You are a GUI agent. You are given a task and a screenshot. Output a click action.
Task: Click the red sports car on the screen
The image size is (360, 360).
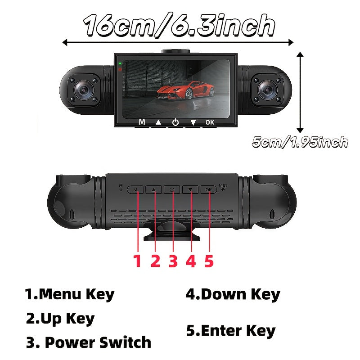pyautogui.click(x=185, y=90)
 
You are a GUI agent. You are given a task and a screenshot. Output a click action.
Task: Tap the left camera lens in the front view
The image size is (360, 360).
pyautogui.click(x=84, y=90)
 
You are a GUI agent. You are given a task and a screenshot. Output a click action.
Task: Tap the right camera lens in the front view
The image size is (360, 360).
pyautogui.click(x=267, y=90)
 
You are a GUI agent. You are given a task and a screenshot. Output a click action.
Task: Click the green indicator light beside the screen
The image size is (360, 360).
pyautogui.click(x=120, y=63)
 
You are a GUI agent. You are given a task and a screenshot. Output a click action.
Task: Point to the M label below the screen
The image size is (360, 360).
pyautogui.click(x=142, y=122)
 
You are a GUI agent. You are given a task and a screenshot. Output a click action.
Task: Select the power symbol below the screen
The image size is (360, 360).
pyautogui.click(x=175, y=122)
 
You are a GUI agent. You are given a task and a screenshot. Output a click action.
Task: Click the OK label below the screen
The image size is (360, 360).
pyautogui.click(x=210, y=122)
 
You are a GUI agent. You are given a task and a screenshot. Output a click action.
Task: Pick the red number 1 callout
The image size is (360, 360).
pyautogui.click(x=137, y=261)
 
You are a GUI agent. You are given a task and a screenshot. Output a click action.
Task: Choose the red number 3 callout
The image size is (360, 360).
pyautogui.click(x=173, y=261)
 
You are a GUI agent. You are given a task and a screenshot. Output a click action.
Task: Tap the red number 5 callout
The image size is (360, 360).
pyautogui.click(x=209, y=261)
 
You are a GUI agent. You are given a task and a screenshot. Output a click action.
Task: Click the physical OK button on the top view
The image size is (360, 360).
pyautogui.click(x=208, y=189)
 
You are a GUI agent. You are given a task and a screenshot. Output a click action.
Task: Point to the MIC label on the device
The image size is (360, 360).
pyautogui.click(x=223, y=185)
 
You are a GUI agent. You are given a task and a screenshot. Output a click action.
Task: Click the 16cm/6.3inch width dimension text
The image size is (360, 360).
pyautogui.click(x=179, y=25)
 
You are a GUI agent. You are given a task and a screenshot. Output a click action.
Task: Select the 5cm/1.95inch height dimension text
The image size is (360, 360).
pyautogui.click(x=300, y=142)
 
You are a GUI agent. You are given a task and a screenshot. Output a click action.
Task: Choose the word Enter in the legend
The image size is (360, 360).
pyautogui.click(x=221, y=331)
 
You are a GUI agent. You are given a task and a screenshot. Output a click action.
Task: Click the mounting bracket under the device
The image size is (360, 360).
pyautogui.click(x=172, y=231)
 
